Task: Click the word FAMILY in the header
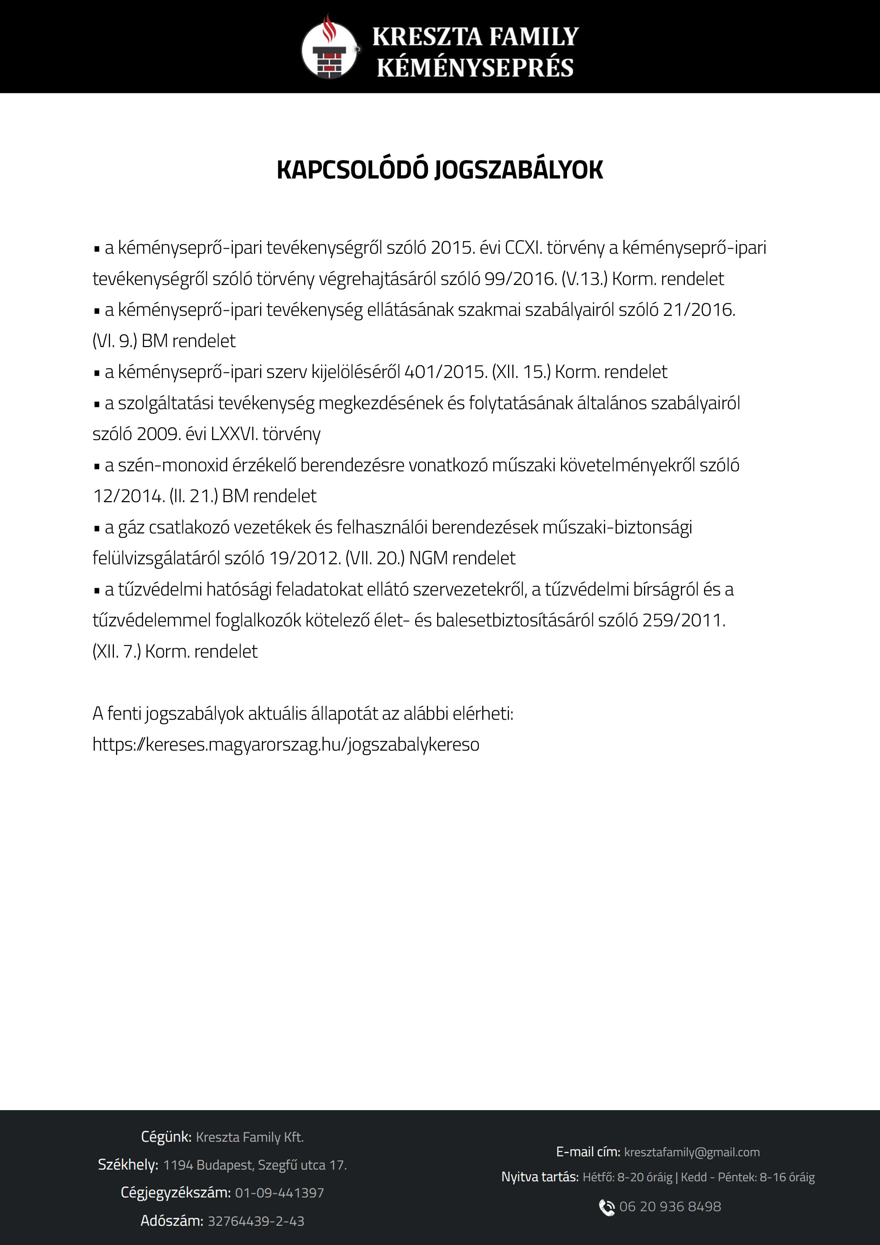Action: coord(534,37)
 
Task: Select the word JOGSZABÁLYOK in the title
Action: coord(518,170)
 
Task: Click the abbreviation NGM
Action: coord(428,558)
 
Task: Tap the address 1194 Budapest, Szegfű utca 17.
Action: coord(255,1165)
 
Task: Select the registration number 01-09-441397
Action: coord(279,1193)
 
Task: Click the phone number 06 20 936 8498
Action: coord(670,1207)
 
